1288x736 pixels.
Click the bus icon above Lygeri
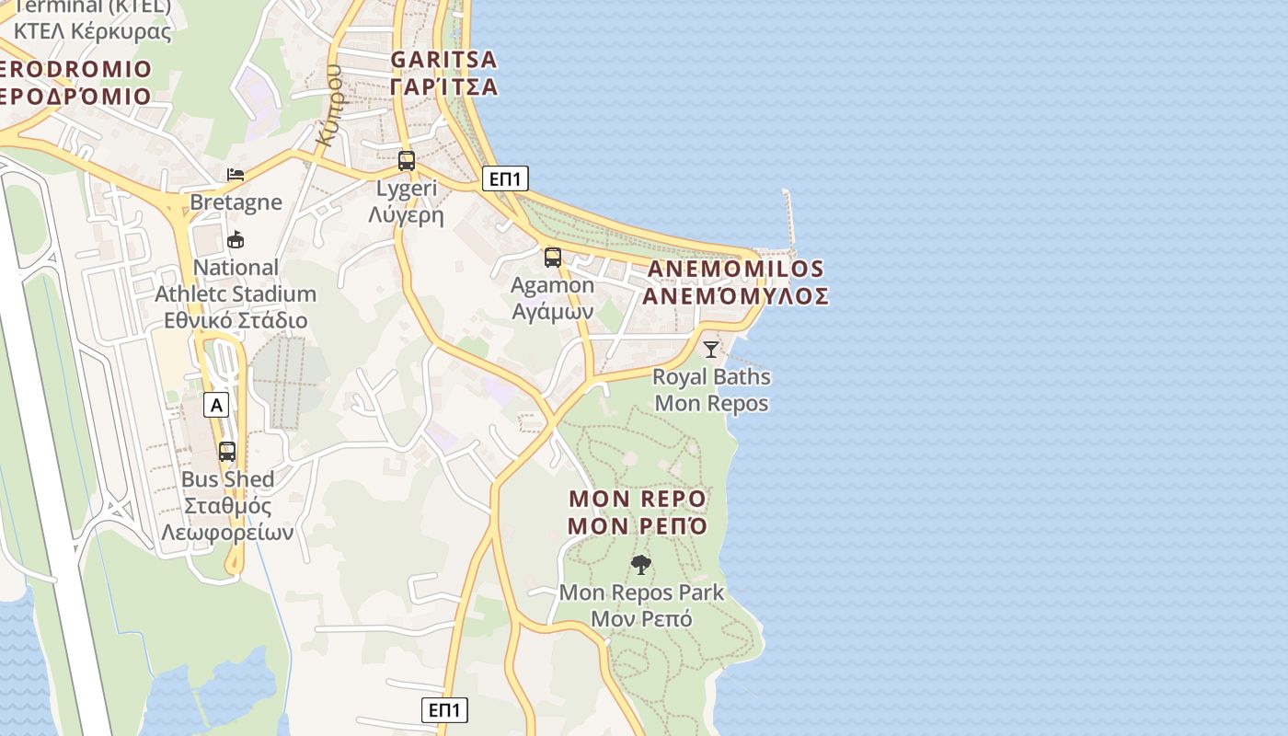click(x=406, y=161)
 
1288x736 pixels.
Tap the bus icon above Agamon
click(x=552, y=258)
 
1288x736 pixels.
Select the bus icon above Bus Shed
click(x=226, y=452)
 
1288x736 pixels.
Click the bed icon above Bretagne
click(x=236, y=175)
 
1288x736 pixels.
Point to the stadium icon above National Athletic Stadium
click(x=236, y=240)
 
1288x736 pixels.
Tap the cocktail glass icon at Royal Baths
click(x=710, y=349)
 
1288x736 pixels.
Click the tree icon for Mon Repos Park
click(x=640, y=565)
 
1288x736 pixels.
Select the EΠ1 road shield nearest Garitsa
click(x=505, y=178)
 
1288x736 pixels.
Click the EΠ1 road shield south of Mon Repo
click(x=444, y=710)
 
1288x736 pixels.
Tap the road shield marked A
click(x=216, y=404)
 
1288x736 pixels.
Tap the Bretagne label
click(x=236, y=201)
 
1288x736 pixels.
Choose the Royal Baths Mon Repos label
click(x=711, y=390)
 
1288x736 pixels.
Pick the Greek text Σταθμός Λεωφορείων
click(x=227, y=520)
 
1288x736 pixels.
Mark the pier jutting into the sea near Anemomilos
click(x=788, y=221)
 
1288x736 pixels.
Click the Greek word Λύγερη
click(x=406, y=216)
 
